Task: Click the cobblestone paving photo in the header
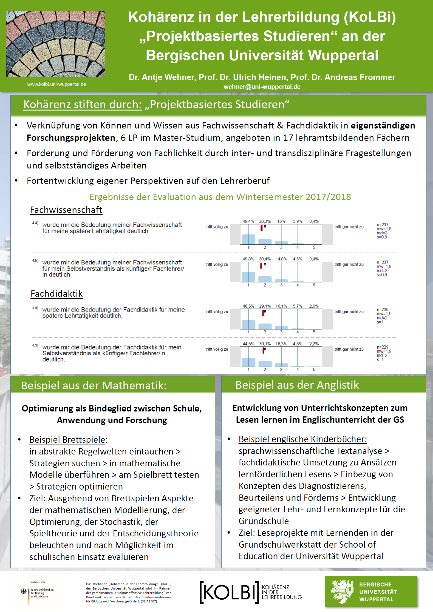(x=55, y=44)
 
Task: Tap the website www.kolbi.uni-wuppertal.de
(x=56, y=84)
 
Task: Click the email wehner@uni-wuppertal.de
(x=262, y=87)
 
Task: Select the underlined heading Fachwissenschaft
(x=66, y=210)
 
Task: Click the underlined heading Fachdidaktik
(x=56, y=294)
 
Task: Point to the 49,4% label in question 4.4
(x=248, y=221)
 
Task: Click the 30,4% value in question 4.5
(x=265, y=259)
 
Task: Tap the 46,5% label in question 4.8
(x=248, y=306)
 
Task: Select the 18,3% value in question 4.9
(x=281, y=344)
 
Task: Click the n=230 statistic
(x=382, y=310)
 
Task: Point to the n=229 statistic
(x=382, y=347)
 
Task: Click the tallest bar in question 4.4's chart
(x=248, y=239)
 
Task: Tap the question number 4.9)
(x=35, y=345)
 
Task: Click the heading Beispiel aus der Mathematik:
(x=94, y=385)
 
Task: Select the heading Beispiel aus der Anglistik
(x=297, y=385)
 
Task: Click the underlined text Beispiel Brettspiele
(x=67, y=440)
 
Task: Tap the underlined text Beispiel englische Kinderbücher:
(x=302, y=439)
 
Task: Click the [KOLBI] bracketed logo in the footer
(x=229, y=592)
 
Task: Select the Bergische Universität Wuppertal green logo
(x=371, y=592)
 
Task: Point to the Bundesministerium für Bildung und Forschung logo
(x=37, y=593)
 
